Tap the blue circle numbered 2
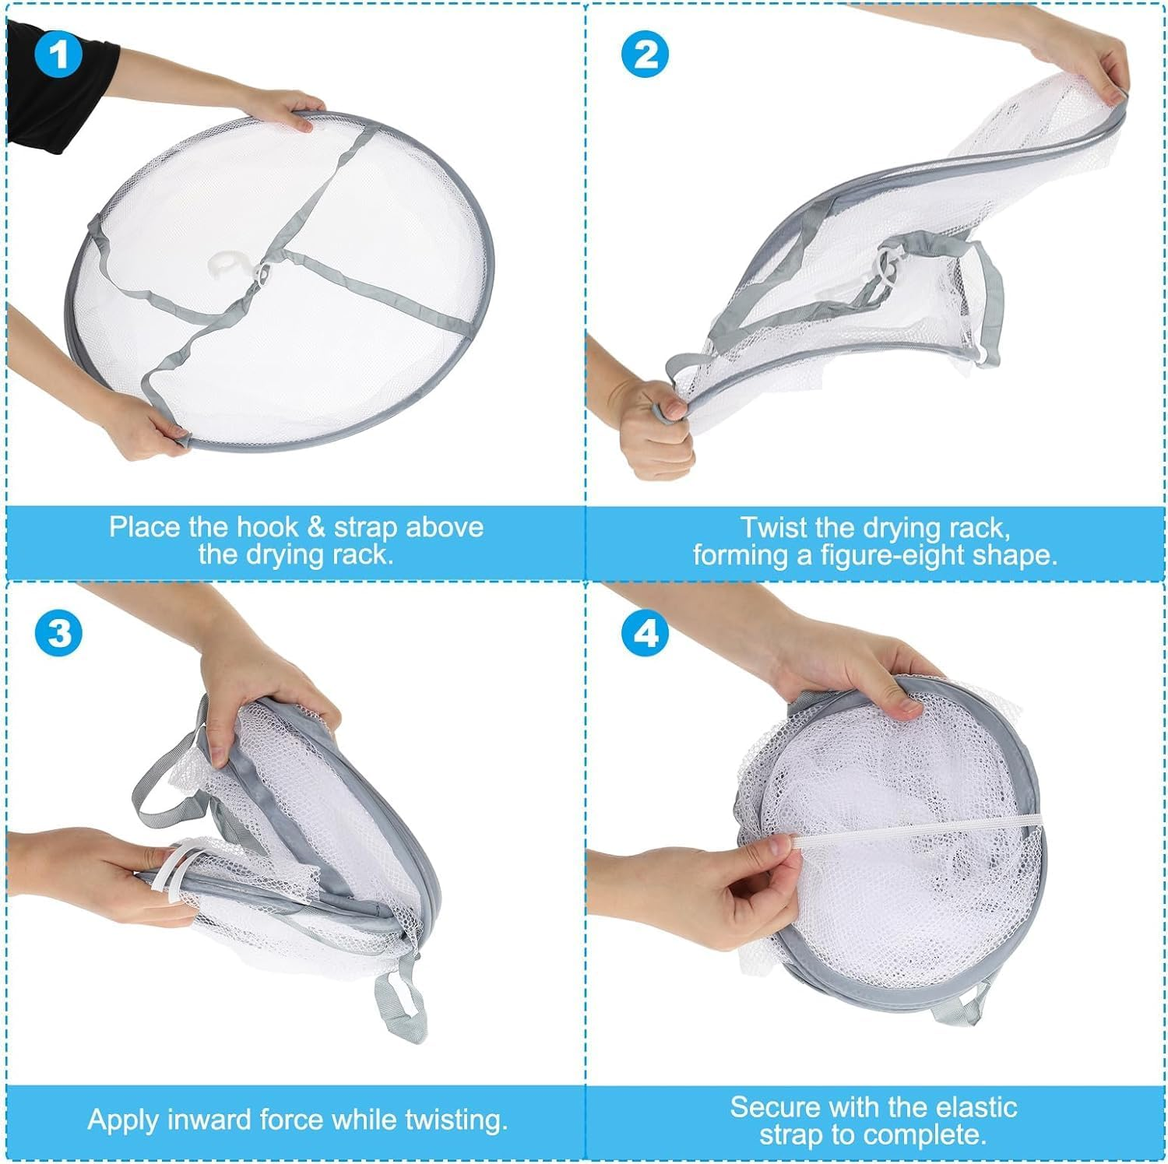645,55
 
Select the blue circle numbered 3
58,634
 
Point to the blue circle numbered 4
645,634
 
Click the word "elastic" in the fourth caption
976,1106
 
